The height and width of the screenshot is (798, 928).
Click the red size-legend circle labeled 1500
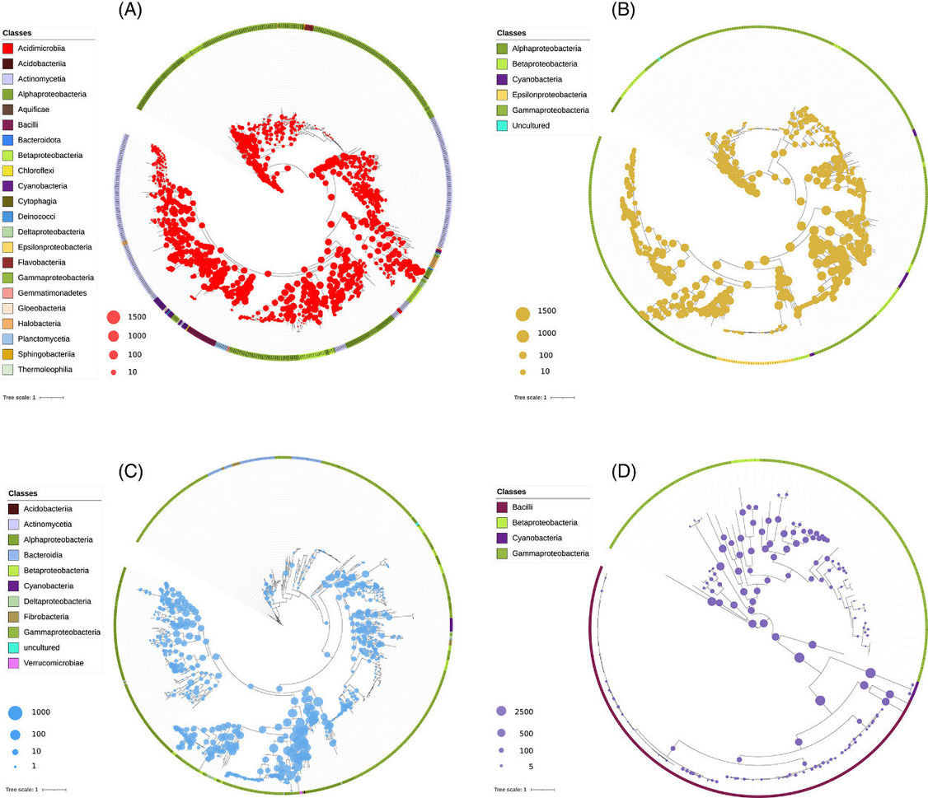pos(114,317)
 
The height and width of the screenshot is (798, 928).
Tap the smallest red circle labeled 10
pos(113,372)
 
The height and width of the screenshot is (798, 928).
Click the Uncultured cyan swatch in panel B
pos(501,125)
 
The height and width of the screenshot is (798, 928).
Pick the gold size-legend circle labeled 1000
pos(522,334)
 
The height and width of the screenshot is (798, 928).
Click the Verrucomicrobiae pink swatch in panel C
pos(13,662)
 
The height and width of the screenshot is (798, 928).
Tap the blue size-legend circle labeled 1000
pos(16,712)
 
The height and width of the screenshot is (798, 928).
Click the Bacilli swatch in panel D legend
pos(502,507)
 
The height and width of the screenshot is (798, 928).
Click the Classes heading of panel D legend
pos(512,492)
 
